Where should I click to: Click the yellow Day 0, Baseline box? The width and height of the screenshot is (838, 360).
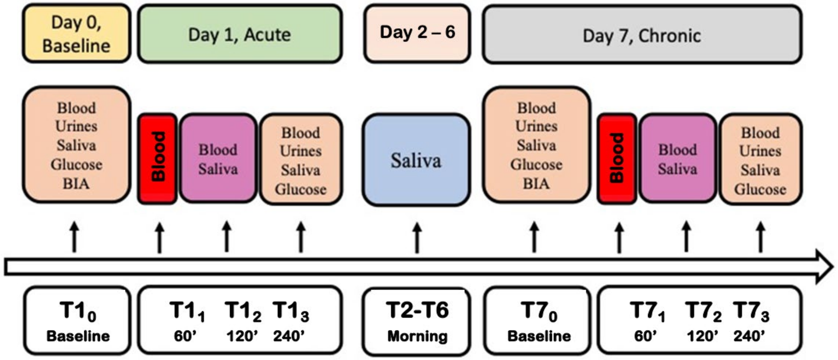77,34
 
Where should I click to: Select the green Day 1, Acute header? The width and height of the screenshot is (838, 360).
239,34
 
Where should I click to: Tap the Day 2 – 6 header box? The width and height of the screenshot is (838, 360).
417,33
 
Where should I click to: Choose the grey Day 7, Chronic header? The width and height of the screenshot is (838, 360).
642,35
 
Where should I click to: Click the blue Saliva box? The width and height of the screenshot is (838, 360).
416,160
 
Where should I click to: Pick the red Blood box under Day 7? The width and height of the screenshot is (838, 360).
617,158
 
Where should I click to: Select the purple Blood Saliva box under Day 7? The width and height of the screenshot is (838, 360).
678,159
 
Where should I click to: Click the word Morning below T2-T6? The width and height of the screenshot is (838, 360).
417,336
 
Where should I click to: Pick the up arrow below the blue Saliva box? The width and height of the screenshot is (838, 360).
417,237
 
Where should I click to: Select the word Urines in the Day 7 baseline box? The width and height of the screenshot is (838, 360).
536,126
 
